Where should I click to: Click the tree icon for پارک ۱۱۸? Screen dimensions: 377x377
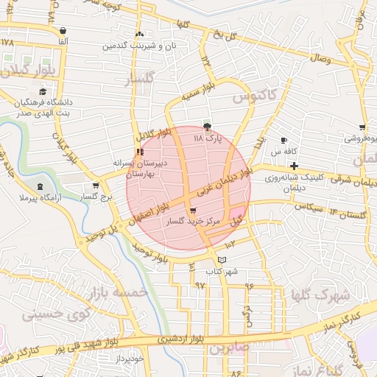(207, 127)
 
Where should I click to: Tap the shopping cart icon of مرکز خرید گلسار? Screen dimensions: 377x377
(193, 211)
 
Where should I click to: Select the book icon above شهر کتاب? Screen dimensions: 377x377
(222, 260)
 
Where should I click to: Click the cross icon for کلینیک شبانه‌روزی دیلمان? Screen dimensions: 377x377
(294, 166)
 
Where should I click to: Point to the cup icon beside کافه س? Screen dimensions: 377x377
(284, 140)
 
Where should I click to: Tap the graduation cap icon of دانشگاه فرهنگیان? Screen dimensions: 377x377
(43, 91)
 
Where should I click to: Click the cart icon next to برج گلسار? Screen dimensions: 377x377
(95, 186)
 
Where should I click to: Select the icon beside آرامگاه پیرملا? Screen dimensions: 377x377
(39, 187)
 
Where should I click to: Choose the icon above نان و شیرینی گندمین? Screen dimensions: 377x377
(139, 34)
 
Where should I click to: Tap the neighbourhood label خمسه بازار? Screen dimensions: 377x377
(118, 293)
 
